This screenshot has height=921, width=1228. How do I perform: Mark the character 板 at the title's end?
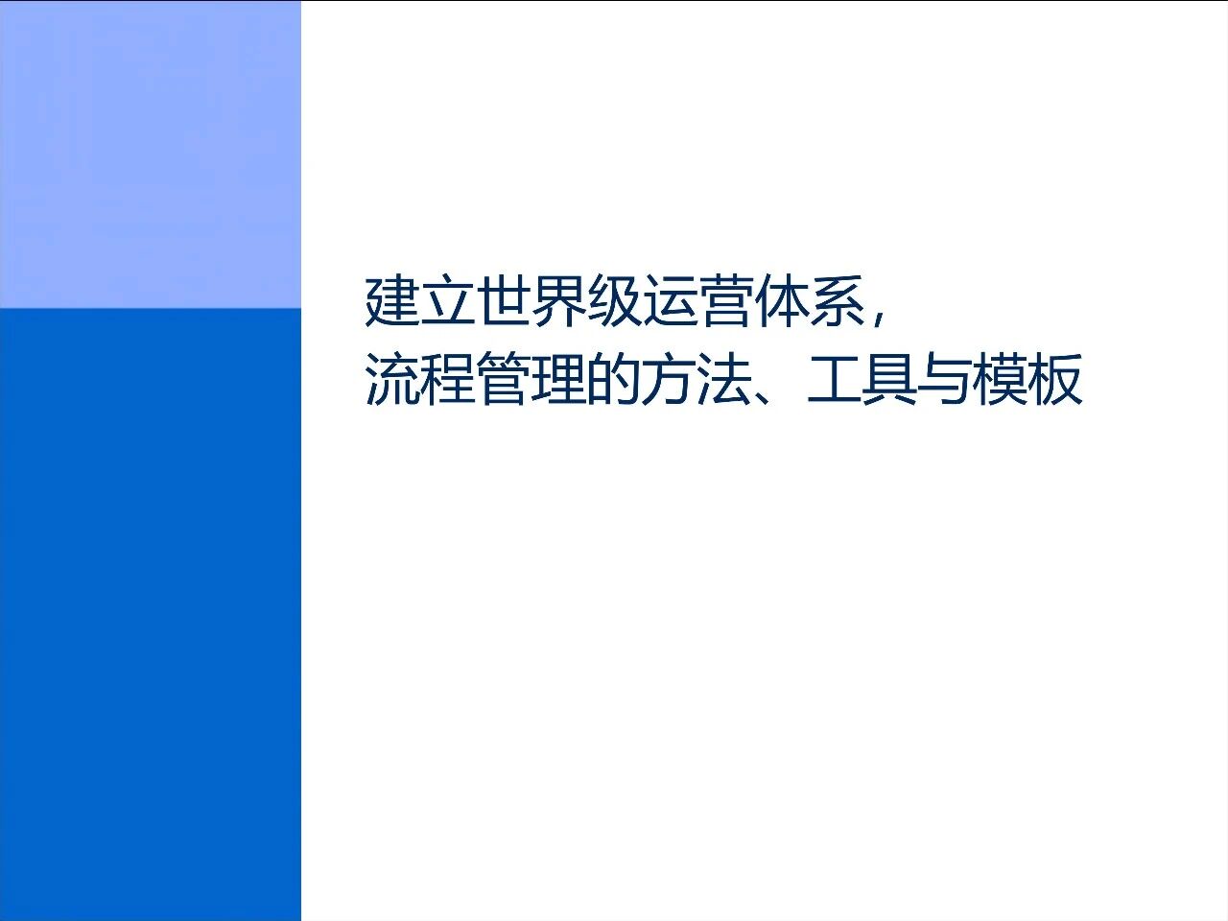1055,381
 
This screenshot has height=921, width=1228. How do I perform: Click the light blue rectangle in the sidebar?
150,153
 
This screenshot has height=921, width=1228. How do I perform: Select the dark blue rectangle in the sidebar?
150,614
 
